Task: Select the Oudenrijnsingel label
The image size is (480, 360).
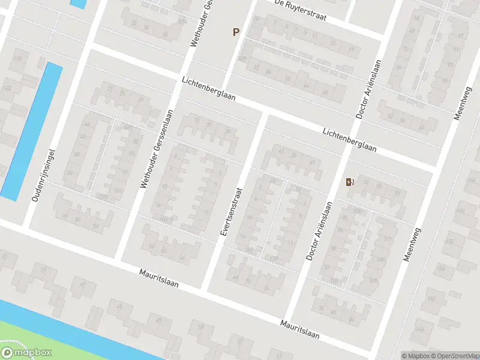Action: click(43, 175)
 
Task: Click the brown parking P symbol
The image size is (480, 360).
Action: click(236, 32)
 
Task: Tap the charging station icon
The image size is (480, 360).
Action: click(350, 182)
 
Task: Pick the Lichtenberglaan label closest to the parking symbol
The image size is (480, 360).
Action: click(209, 89)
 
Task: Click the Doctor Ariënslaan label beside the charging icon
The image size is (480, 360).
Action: click(319, 230)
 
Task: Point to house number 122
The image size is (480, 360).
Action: click(7, 88)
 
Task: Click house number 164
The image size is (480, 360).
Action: click(419, 329)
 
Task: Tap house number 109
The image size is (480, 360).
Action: click(374, 281)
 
